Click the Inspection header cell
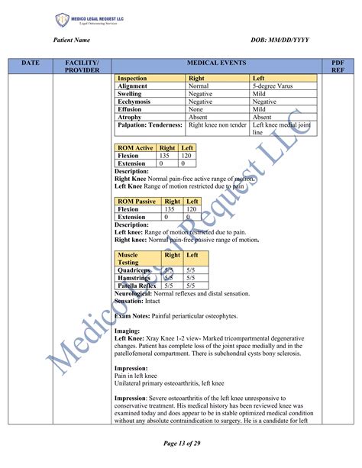click(133, 79)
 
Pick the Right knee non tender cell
click(218, 124)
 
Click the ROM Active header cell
click(135, 147)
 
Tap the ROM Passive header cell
click(137, 202)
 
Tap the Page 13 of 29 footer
click(181, 443)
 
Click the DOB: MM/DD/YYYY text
click(280, 40)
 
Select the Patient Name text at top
click(73, 40)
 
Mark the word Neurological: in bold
click(133, 293)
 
